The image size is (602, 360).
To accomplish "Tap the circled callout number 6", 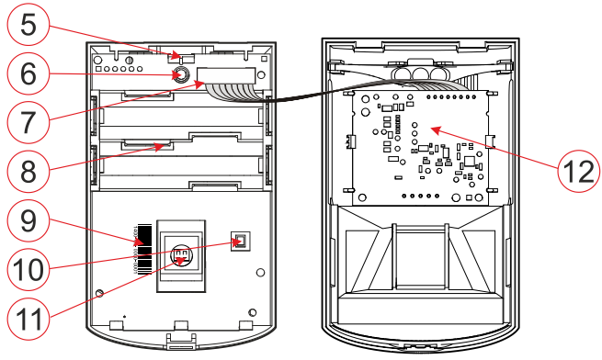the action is pos(28,73).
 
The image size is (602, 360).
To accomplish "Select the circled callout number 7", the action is pos(28,122).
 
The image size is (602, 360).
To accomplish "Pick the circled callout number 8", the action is pos(28,171).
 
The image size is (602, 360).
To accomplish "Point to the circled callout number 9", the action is pos(28,220).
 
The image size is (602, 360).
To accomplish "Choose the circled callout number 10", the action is pos(28,269).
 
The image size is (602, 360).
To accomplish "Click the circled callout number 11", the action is pos(28,319).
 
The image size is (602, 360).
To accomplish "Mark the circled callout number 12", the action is pos(578,171).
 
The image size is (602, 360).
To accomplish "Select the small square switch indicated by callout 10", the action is pos(241,242).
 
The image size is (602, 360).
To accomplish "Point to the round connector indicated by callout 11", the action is pos(181,254).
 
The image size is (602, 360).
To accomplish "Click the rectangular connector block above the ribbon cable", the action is pos(226,75).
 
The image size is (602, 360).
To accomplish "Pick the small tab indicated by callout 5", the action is pos(181,59).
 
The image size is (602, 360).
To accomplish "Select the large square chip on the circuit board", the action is pos(470,162).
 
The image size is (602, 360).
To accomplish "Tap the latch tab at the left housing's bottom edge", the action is pos(180,341).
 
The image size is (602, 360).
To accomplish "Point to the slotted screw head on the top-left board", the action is pos(130,60).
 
